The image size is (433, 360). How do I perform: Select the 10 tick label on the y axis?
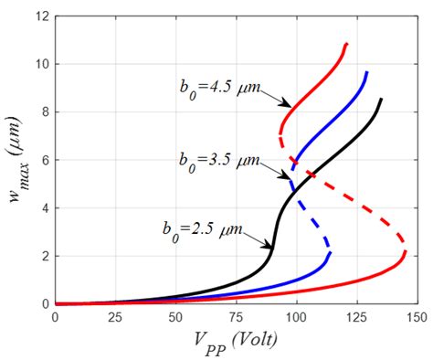tap(42, 64)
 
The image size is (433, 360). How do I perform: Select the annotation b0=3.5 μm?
tap(217, 157)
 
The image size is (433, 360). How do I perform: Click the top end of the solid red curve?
tap(346, 44)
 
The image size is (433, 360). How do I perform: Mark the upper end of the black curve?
tap(381, 99)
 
